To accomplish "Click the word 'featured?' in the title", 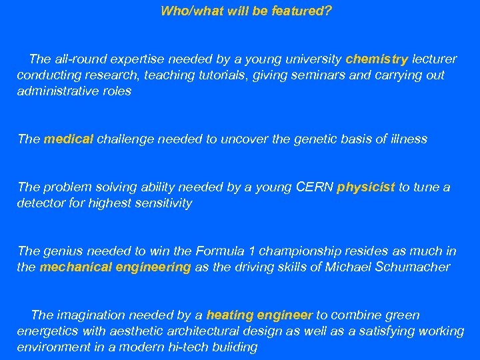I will click(x=301, y=11).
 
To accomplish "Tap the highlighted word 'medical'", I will click(x=69, y=139).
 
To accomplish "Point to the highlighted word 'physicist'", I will click(x=366, y=187).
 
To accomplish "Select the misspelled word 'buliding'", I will click(x=235, y=347).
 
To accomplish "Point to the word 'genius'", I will click(x=60, y=251).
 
